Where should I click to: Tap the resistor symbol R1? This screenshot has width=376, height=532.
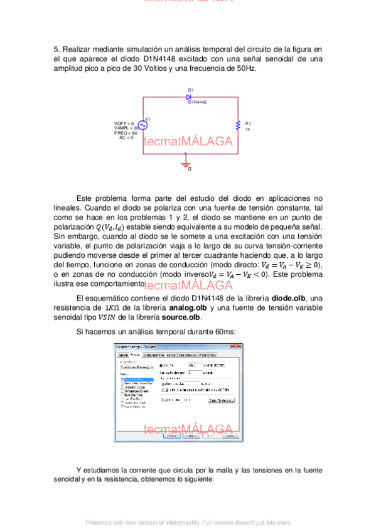(x=237, y=125)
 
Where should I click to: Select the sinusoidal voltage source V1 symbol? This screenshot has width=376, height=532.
(x=142, y=125)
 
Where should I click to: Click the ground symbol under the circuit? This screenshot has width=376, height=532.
(x=185, y=164)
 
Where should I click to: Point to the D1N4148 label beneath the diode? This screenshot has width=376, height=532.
(x=197, y=102)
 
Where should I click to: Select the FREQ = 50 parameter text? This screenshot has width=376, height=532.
(x=126, y=133)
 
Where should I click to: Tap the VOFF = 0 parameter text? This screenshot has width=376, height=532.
(x=124, y=123)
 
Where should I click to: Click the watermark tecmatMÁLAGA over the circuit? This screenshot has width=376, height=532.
(x=188, y=141)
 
